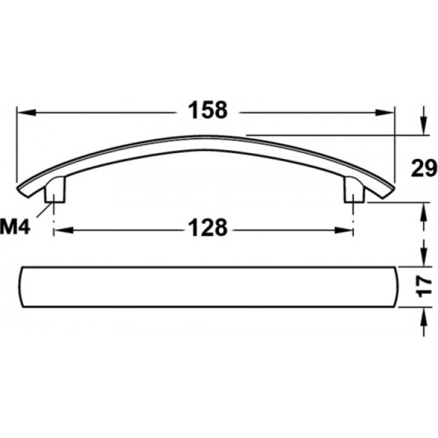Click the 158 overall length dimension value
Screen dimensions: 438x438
208,111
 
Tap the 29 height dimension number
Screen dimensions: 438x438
423,168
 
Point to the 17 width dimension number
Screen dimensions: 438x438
423,286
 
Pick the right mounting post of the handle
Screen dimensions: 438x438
353,191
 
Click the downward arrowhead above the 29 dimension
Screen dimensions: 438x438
423,128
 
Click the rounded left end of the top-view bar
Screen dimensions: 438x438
22,287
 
